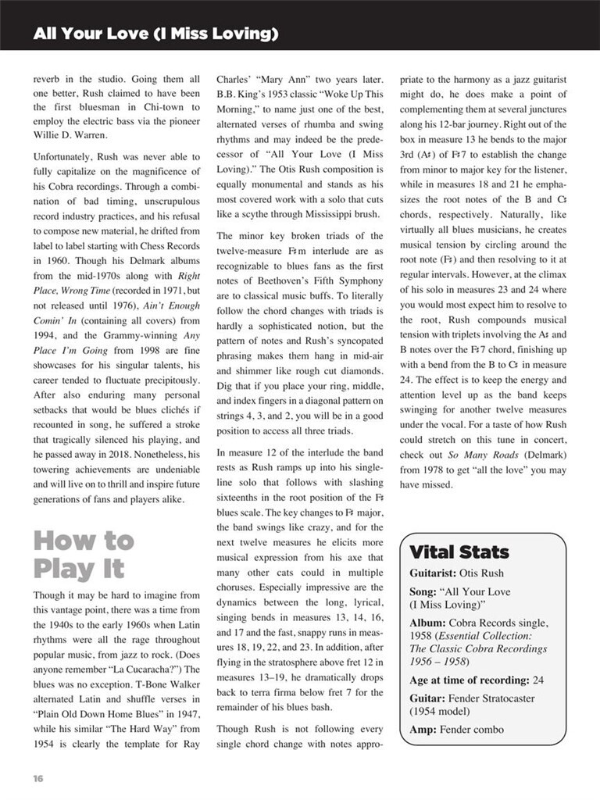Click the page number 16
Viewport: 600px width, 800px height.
[x=37, y=778]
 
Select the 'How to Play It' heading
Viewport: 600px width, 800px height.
[x=83, y=555]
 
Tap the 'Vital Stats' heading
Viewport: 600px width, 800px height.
[x=459, y=552]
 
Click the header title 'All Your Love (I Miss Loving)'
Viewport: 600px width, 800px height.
[x=155, y=34]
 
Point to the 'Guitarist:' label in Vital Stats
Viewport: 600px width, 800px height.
[x=437, y=573]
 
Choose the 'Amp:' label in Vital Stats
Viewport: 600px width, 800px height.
[x=423, y=730]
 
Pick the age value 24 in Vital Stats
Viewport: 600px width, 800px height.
[x=537, y=680]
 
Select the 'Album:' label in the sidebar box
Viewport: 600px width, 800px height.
[x=432, y=623]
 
